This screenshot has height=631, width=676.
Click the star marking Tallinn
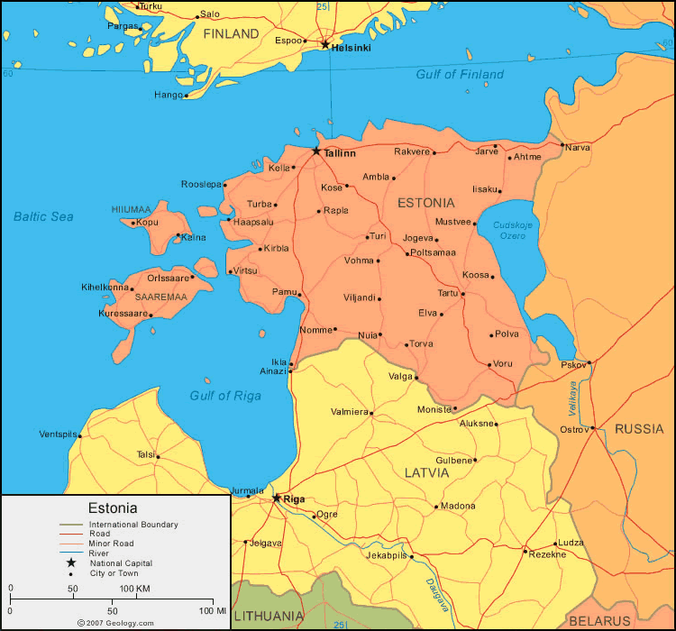pos(316,151)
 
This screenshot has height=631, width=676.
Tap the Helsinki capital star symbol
pos(325,43)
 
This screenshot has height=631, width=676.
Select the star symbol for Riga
pos(277,498)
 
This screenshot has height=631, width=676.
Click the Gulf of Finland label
pos(459,74)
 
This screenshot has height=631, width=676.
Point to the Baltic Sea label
pos(43,216)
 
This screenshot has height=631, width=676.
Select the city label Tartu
pos(448,293)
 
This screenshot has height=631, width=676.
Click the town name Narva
pos(577,147)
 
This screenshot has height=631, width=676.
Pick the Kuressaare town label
pos(123,314)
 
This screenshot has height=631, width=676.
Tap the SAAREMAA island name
pos(160,296)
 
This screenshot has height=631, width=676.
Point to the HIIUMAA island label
pos(131,209)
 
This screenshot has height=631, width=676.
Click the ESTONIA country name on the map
pos(426,203)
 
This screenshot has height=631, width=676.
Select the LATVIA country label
pos(426,471)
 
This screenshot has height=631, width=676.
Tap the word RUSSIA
pos(639,429)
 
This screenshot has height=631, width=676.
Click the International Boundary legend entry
pos(132,524)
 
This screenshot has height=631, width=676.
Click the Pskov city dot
pos(589,364)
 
